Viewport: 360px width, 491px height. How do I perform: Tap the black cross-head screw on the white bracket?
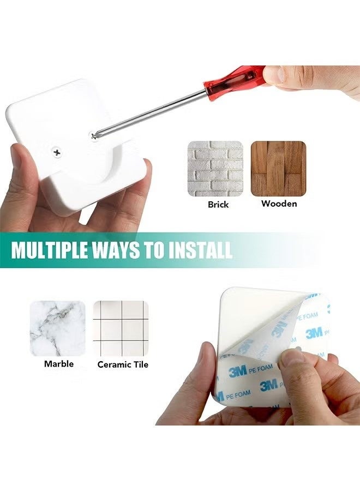[x=57, y=153]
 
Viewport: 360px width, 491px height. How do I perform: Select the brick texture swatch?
[x=215, y=169]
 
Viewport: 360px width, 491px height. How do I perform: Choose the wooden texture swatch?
[x=279, y=169]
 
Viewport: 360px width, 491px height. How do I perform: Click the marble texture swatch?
[x=58, y=328]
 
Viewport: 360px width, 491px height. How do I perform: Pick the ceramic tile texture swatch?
[x=121, y=328]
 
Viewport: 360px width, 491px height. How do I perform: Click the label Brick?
[x=218, y=205]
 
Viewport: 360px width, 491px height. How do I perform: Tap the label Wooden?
[x=279, y=203]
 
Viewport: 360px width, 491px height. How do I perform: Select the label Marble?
[x=59, y=363]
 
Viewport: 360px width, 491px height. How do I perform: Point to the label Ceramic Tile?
[x=123, y=364]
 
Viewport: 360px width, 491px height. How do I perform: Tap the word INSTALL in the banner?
[x=200, y=249]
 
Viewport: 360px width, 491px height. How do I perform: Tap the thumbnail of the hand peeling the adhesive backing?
[x=257, y=356]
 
